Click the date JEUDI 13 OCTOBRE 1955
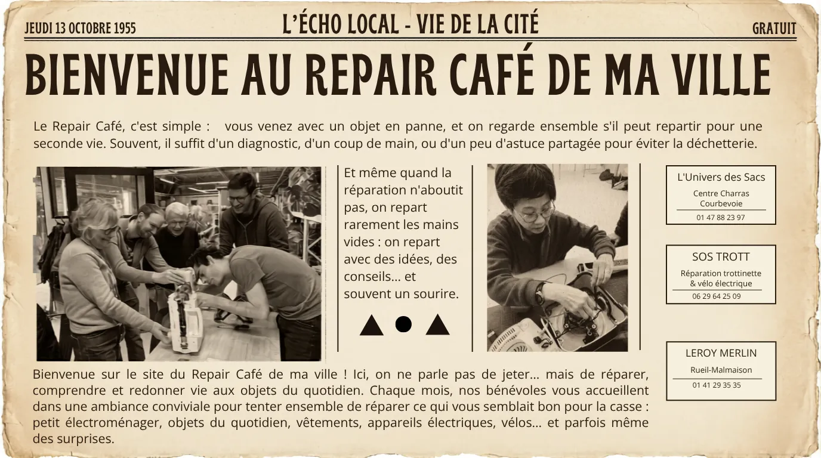pos(81,28)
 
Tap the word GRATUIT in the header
pos(774,28)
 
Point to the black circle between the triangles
pos(403,324)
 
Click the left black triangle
pos(371,327)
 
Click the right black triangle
pos(437,327)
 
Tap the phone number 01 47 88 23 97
pos(721,217)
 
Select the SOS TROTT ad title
pos(721,257)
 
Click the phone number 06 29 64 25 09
pos(717,296)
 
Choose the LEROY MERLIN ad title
pos(721,353)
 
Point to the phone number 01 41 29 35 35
pos(717,385)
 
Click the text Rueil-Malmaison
pos(721,370)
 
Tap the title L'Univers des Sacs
pos(721,177)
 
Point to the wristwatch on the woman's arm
pos(539,293)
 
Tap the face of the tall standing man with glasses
pos(240,197)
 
